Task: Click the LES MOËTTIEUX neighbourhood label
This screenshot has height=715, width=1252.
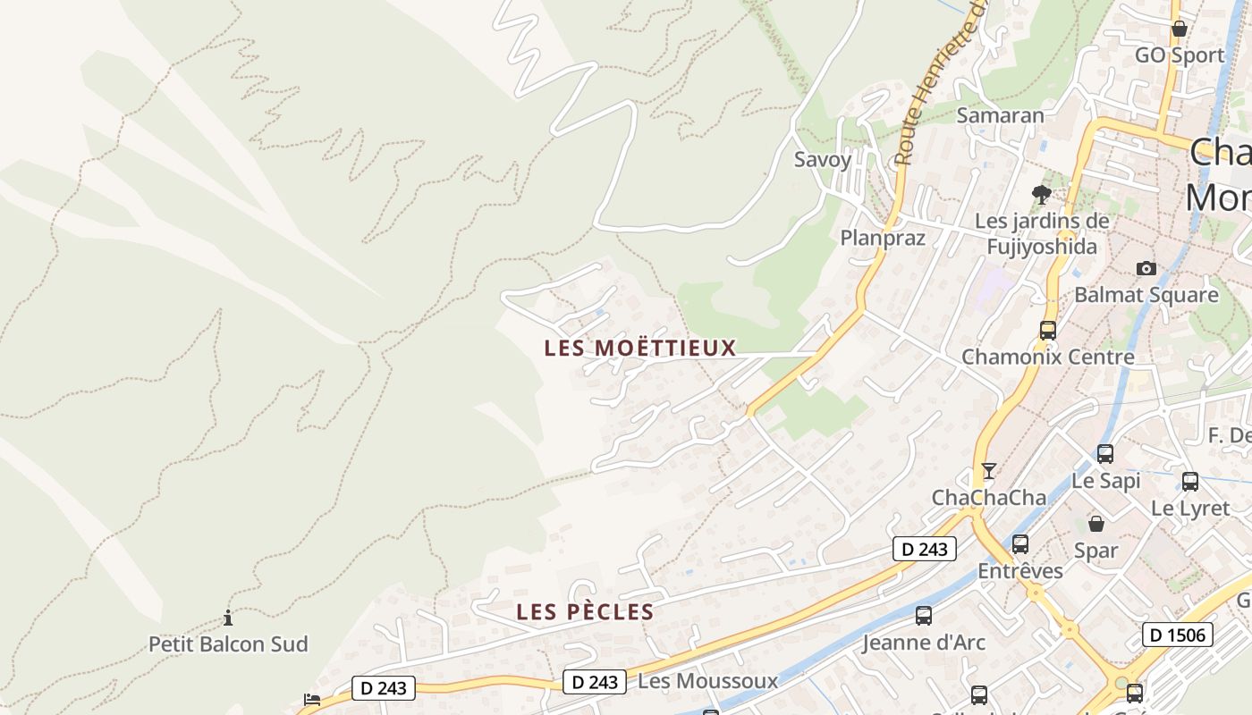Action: click(639, 348)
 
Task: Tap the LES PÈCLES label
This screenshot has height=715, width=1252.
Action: click(585, 612)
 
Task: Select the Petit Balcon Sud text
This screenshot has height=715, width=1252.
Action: click(228, 643)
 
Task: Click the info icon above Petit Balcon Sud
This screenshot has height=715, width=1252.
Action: click(228, 618)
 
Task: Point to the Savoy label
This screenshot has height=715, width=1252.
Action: click(823, 159)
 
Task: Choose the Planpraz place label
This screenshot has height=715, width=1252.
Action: click(882, 238)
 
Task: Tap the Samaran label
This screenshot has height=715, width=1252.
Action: click(1000, 115)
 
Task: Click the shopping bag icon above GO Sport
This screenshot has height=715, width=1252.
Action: click(1180, 29)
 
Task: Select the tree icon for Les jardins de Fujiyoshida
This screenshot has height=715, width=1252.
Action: click(1041, 194)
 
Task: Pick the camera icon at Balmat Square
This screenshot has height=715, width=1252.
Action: click(1146, 268)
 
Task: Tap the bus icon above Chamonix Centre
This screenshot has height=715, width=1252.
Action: click(1048, 330)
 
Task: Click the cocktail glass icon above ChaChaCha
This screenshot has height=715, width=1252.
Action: click(988, 470)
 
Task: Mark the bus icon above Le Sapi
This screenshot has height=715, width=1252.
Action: click(1105, 454)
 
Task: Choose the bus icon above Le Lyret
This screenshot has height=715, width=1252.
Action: click(1189, 482)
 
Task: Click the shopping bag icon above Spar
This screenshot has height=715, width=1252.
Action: click(1096, 524)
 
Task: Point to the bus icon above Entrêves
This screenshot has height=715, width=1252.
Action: click(1019, 543)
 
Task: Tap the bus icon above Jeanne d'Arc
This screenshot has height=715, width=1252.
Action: click(924, 616)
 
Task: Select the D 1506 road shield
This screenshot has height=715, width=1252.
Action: click(1178, 635)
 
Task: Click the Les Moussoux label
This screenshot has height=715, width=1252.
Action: click(707, 681)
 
